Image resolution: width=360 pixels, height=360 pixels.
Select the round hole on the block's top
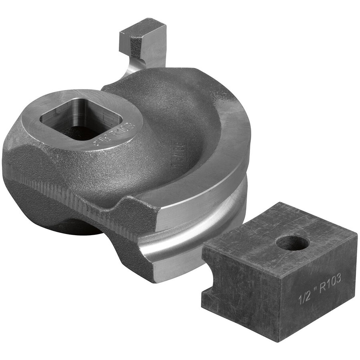click(292, 243)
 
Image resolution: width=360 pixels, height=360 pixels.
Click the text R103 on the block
click(328, 282)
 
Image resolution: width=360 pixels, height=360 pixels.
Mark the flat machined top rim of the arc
click(224, 168)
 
